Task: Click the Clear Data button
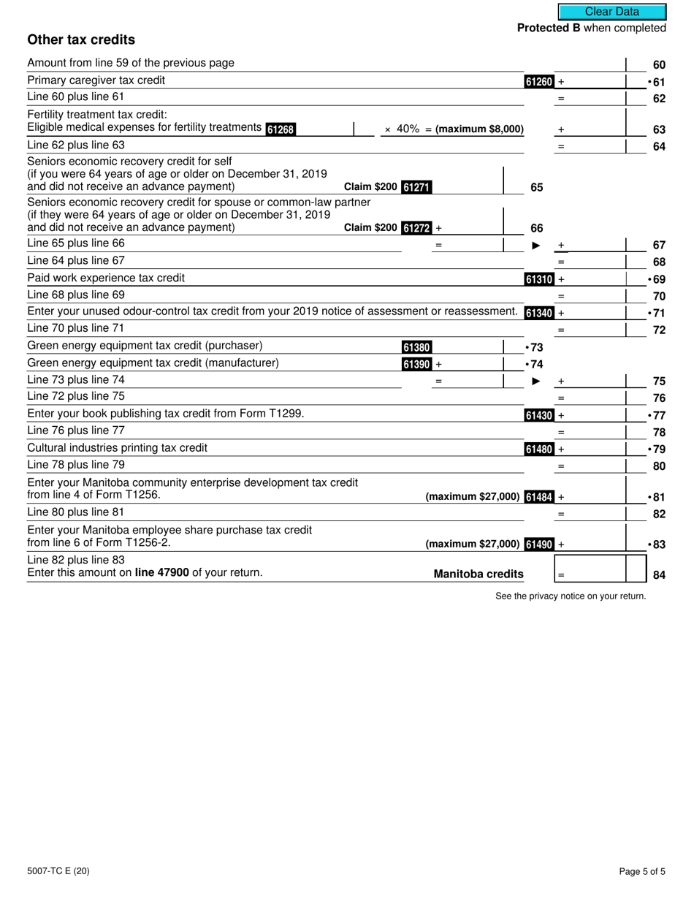coord(612,12)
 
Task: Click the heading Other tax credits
coord(81,39)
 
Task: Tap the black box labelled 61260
coord(539,82)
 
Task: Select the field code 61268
coord(281,129)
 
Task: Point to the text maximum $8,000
coord(480,129)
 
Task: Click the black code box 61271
coord(416,187)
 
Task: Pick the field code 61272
coord(416,228)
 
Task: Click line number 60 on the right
coord(659,65)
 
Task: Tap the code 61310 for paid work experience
coord(539,279)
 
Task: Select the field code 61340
coord(539,314)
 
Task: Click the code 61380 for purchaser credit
coord(416,347)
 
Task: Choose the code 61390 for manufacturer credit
coord(416,364)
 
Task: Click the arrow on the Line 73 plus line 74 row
coord(536,381)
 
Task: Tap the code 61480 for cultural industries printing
coord(539,449)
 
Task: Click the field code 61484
coord(539,497)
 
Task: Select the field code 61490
coord(539,545)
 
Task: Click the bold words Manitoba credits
coord(478,574)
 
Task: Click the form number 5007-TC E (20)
coord(58,871)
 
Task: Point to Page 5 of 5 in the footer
coord(641,871)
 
